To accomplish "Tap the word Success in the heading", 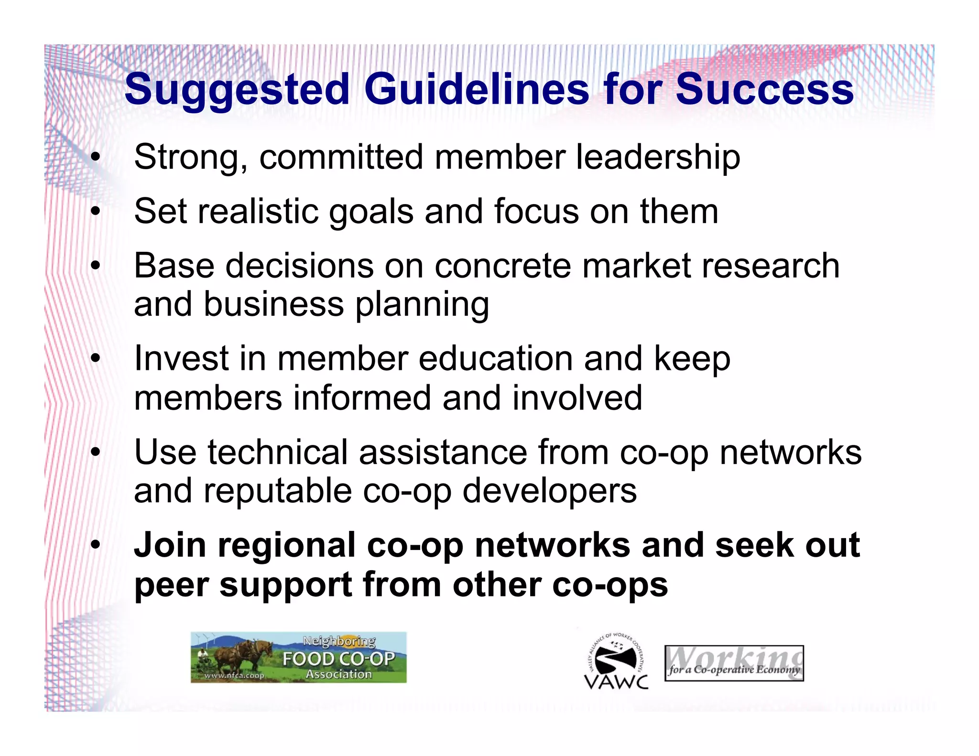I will [x=764, y=90].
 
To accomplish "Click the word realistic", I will [x=258, y=212].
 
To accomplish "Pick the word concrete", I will [x=502, y=266].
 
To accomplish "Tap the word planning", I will [x=422, y=305].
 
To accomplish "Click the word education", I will [x=496, y=359].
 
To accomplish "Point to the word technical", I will [x=278, y=453].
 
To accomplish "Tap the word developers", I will [x=550, y=491].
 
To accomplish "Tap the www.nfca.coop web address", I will [x=234, y=676].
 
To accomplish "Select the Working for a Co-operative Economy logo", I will [x=734, y=663].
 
